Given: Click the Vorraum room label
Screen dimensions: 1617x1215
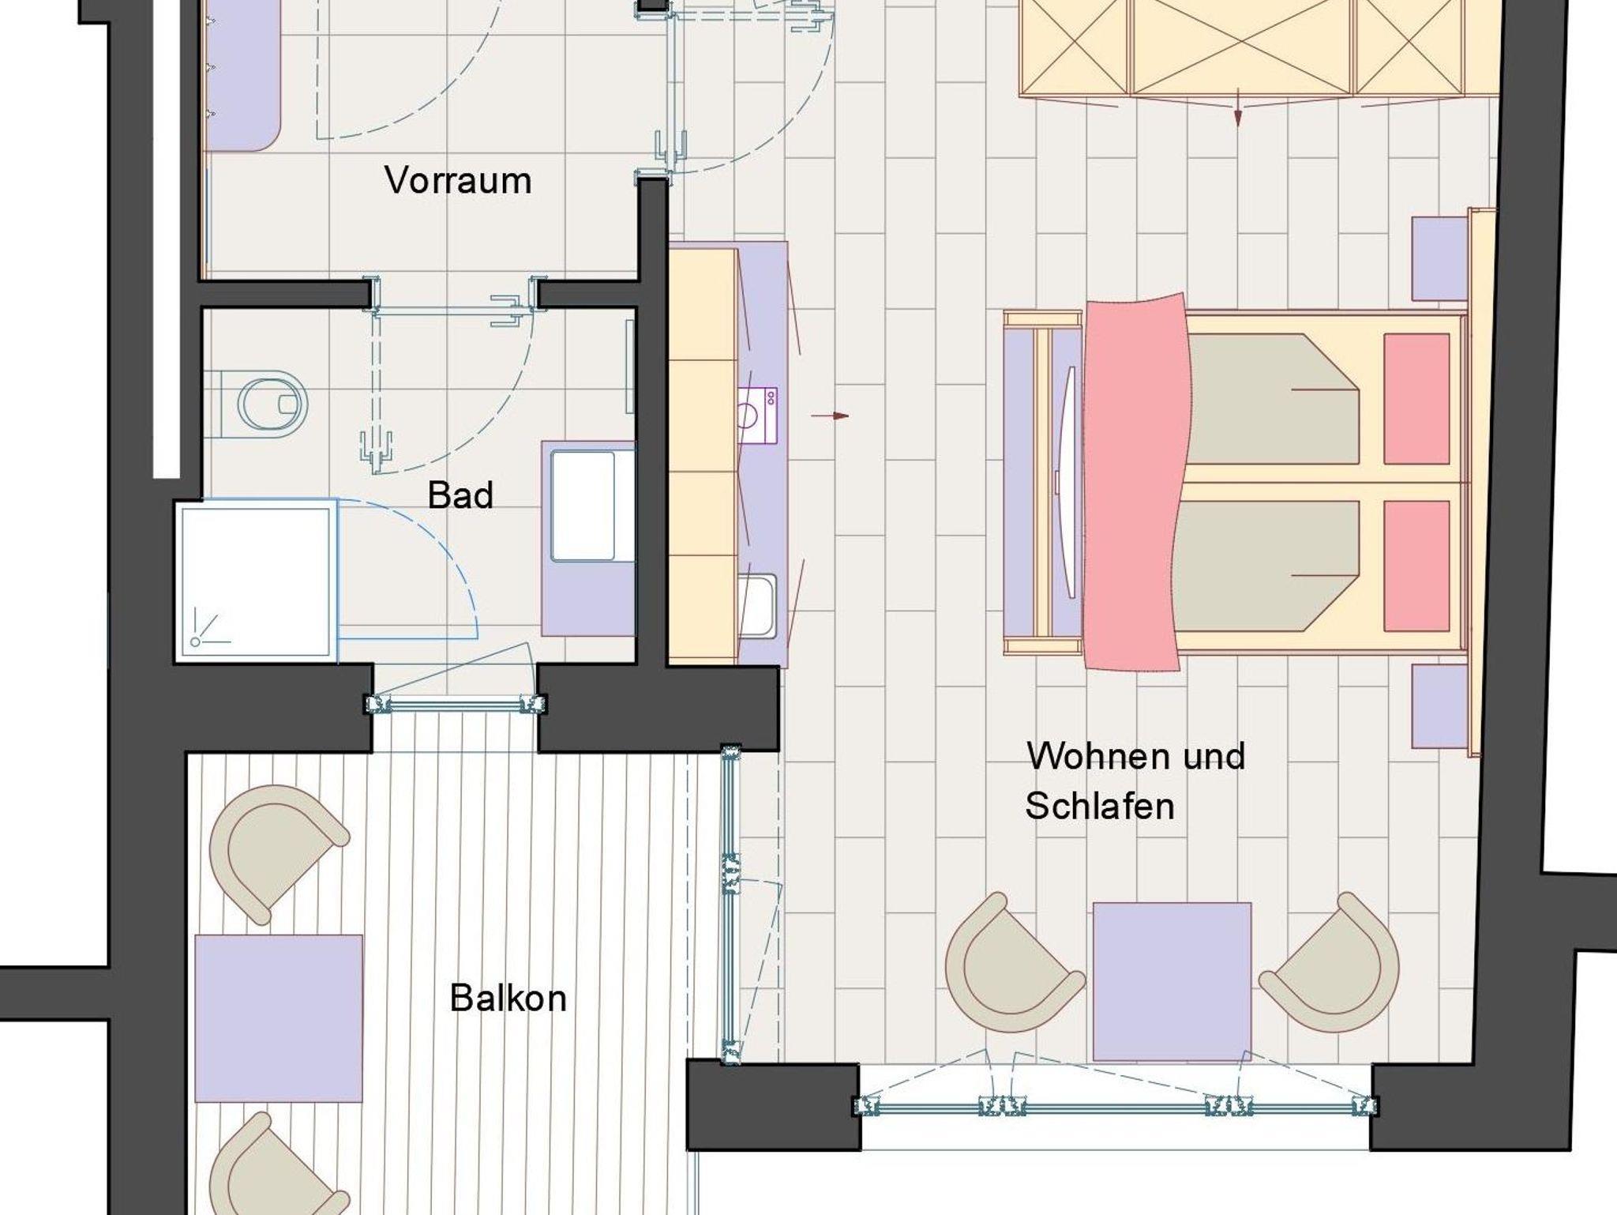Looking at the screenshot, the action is pos(458,181).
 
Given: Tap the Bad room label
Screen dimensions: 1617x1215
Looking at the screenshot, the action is pos(460,495).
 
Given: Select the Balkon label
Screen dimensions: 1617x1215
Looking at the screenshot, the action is pos(508,999).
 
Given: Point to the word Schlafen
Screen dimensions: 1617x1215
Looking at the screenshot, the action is pos(1100,807).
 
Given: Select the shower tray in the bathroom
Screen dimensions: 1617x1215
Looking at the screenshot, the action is pos(254,581).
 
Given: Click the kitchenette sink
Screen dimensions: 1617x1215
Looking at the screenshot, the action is pos(758,604).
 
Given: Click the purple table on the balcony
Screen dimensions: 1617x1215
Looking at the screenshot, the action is pos(279,1018).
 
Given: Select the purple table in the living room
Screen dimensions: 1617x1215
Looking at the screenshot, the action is pos(1172,982).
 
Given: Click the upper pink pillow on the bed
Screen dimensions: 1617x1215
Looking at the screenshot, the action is pos(1416,399).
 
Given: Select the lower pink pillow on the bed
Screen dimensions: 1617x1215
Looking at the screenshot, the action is pos(1416,566).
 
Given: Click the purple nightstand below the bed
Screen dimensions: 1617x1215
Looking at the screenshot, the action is pos(1439,705).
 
